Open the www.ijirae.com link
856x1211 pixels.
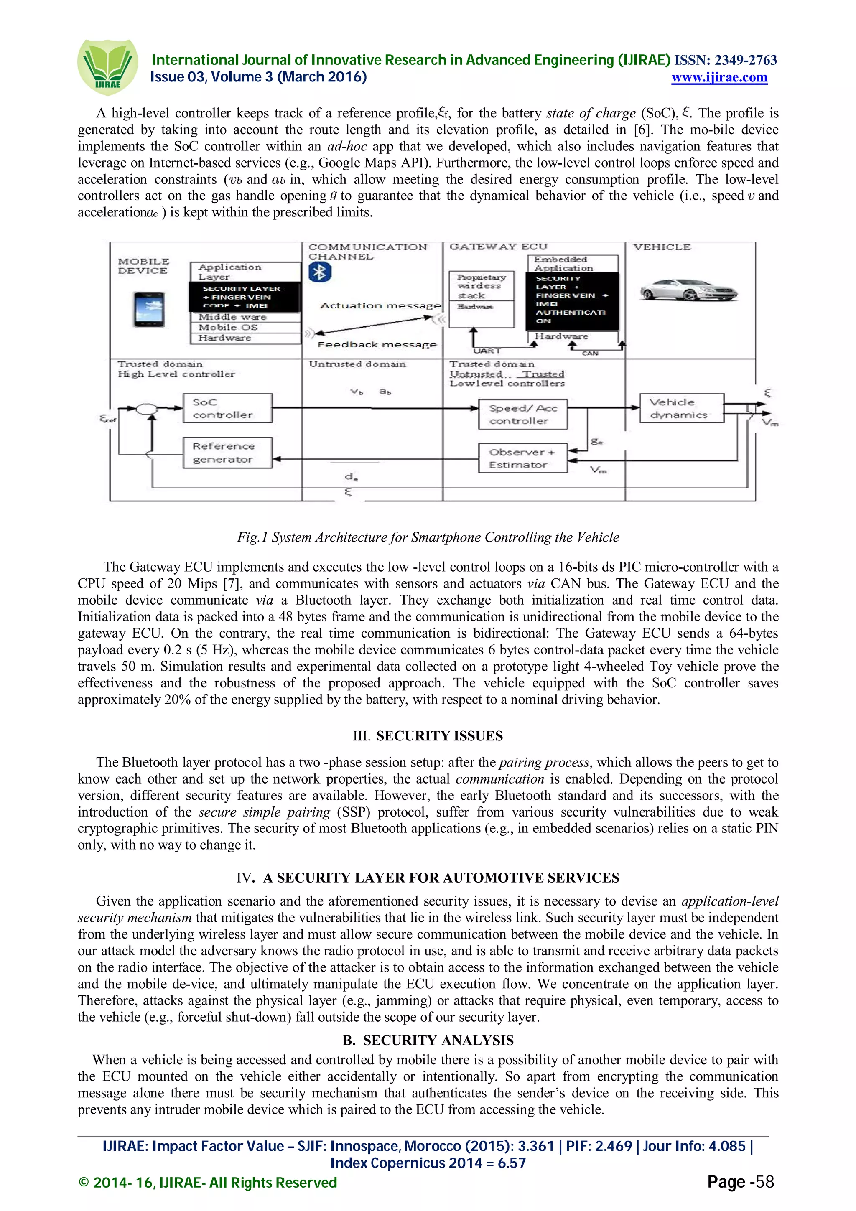719,78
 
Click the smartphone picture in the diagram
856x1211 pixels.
149,310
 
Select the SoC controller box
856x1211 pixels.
227,408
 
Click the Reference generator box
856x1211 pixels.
227,453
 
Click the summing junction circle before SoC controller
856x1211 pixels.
147,409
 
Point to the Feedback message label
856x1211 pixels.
377,345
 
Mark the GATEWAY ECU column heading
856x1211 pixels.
498,247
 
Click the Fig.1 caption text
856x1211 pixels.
428,537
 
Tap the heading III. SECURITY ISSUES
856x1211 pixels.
428,736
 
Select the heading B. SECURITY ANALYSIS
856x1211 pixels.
428,1040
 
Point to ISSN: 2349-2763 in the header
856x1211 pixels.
726,60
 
